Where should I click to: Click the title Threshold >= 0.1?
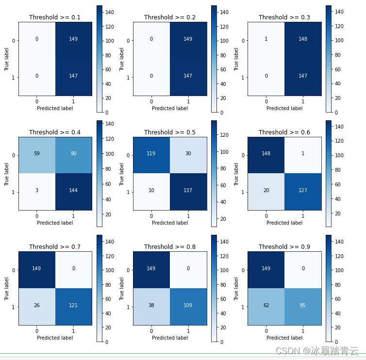tap(55, 17)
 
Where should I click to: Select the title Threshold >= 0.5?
tap(170, 132)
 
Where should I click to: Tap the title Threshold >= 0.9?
tap(284, 247)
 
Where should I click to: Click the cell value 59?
tap(36, 153)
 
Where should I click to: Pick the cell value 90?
tap(73, 153)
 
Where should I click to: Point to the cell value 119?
tap(151, 153)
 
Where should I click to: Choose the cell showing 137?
tap(188, 190)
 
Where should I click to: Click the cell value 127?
tap(303, 190)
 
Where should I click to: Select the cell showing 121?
tap(73, 305)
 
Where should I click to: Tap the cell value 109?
tap(188, 305)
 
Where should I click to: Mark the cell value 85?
tap(303, 305)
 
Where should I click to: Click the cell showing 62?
tap(266, 305)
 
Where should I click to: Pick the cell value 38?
tap(151, 305)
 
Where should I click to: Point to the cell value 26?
tap(36, 305)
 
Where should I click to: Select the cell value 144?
tap(73, 190)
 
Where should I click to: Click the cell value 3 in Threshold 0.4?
tap(37, 190)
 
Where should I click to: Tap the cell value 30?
tap(188, 153)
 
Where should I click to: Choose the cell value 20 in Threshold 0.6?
tap(266, 190)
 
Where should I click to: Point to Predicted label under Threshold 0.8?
tap(170, 338)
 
